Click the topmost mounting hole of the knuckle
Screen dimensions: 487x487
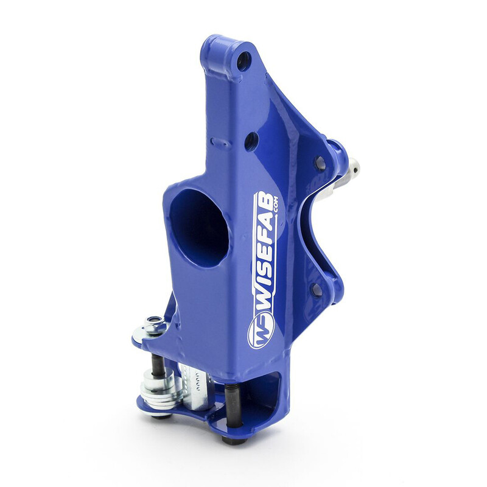[x=244, y=60]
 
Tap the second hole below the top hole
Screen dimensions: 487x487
[x=251, y=141]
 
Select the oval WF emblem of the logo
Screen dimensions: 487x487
[x=261, y=331]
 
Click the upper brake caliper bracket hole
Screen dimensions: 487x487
[x=319, y=163]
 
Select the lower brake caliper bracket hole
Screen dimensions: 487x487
[x=317, y=289]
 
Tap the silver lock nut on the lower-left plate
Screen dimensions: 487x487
[x=155, y=326]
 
